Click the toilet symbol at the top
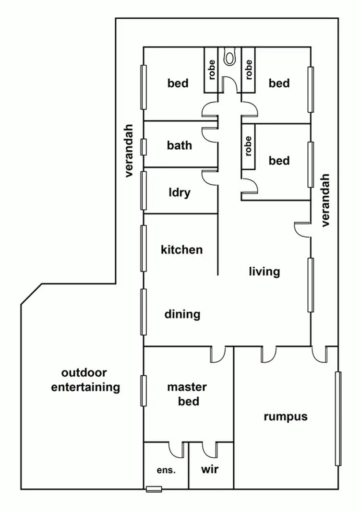coord(229,57)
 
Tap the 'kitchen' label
coord(181,250)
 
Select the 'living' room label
coord(264,272)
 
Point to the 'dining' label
coord(182,314)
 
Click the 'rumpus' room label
coord(286,416)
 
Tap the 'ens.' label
coord(166,471)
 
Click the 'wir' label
coord(210,469)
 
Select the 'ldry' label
coord(179,192)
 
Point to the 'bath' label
coord(179,145)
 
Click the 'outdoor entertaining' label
coord(85,380)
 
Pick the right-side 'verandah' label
coord(326,200)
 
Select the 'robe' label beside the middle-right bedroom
coord(248,146)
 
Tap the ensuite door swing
coord(177,449)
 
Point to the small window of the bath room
coord(143,147)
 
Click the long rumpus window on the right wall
coord(338,418)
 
